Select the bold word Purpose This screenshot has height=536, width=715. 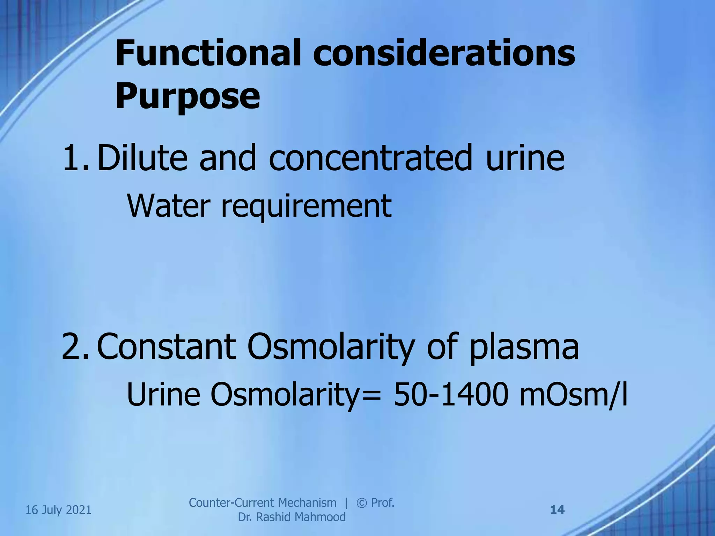(x=188, y=95)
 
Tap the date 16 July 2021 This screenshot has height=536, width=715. (x=59, y=510)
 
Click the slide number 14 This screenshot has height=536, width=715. (x=557, y=510)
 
